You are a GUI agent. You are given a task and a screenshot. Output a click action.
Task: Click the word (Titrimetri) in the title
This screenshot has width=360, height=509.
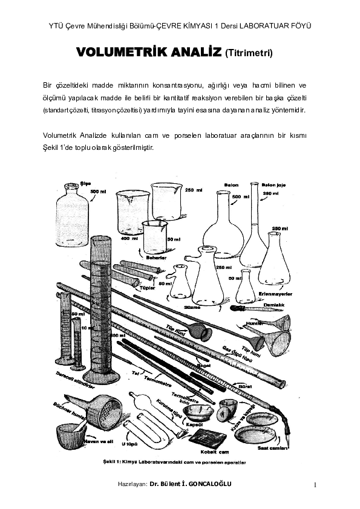pyautogui.click(x=249, y=55)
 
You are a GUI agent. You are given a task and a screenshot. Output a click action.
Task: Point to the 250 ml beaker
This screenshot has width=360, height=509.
pyautogui.click(x=166, y=203)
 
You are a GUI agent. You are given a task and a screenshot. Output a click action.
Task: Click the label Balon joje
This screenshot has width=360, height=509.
pyautogui.click(x=273, y=186)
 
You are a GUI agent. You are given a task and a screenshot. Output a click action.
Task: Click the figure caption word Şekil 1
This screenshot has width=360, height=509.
pyautogui.click(x=113, y=462)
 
